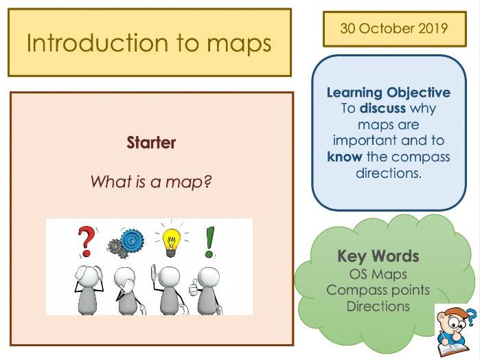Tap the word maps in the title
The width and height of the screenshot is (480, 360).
pos(231,44)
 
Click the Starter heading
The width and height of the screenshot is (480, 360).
pos(151,143)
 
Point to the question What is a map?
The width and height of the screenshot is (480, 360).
pos(150,182)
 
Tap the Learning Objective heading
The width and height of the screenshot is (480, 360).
pos(388,93)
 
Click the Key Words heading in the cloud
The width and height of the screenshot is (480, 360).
pos(378,256)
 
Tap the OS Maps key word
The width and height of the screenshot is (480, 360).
pos(378,273)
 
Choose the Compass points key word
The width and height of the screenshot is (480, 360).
pos(378,290)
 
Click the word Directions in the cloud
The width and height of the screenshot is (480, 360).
pos(378,306)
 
